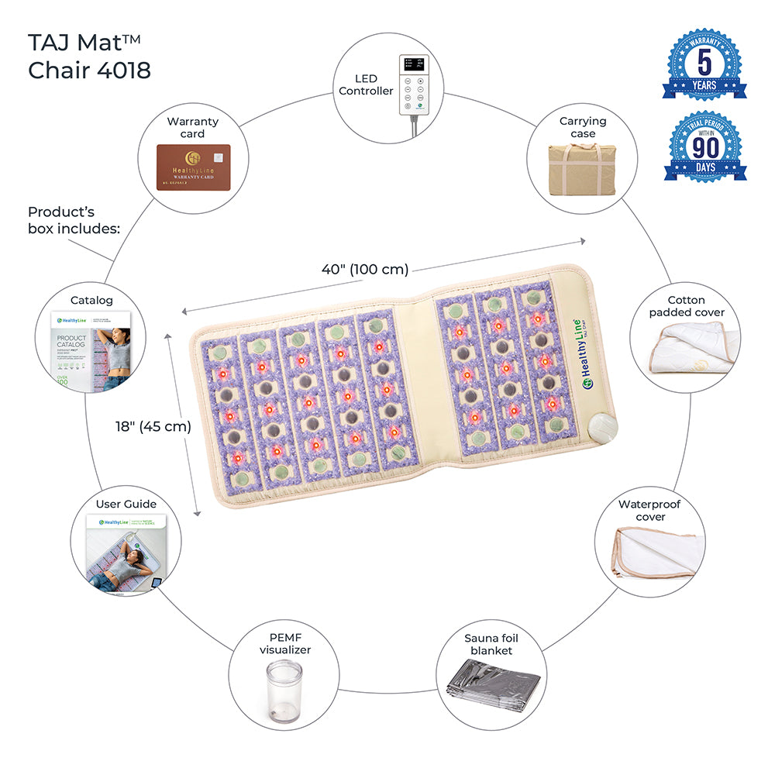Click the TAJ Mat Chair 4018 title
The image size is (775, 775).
89,56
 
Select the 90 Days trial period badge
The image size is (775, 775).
704,147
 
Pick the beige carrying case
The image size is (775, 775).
583,170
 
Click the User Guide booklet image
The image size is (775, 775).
126,552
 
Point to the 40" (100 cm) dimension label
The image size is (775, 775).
364,270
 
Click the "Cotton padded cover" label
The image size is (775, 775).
687,306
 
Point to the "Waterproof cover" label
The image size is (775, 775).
650,510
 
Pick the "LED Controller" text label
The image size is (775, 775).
365,85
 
